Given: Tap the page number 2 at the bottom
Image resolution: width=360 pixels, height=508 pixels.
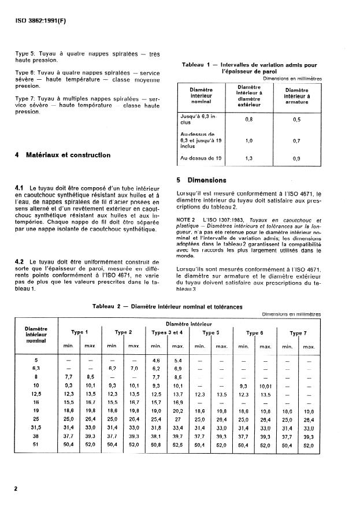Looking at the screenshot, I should [x=16, y=489].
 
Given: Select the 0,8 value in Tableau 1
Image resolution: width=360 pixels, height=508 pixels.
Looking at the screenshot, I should [x=250, y=120].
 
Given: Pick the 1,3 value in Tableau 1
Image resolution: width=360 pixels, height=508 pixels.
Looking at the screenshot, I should [x=250, y=157].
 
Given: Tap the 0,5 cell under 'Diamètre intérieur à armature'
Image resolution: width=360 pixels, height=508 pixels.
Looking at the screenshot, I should [x=296, y=120].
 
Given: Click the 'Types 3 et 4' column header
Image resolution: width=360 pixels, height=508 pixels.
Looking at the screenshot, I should [x=167, y=333].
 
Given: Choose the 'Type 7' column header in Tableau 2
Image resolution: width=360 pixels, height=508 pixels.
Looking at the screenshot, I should [x=298, y=333].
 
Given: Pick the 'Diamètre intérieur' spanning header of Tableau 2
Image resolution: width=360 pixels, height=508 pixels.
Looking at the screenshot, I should [x=189, y=324].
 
